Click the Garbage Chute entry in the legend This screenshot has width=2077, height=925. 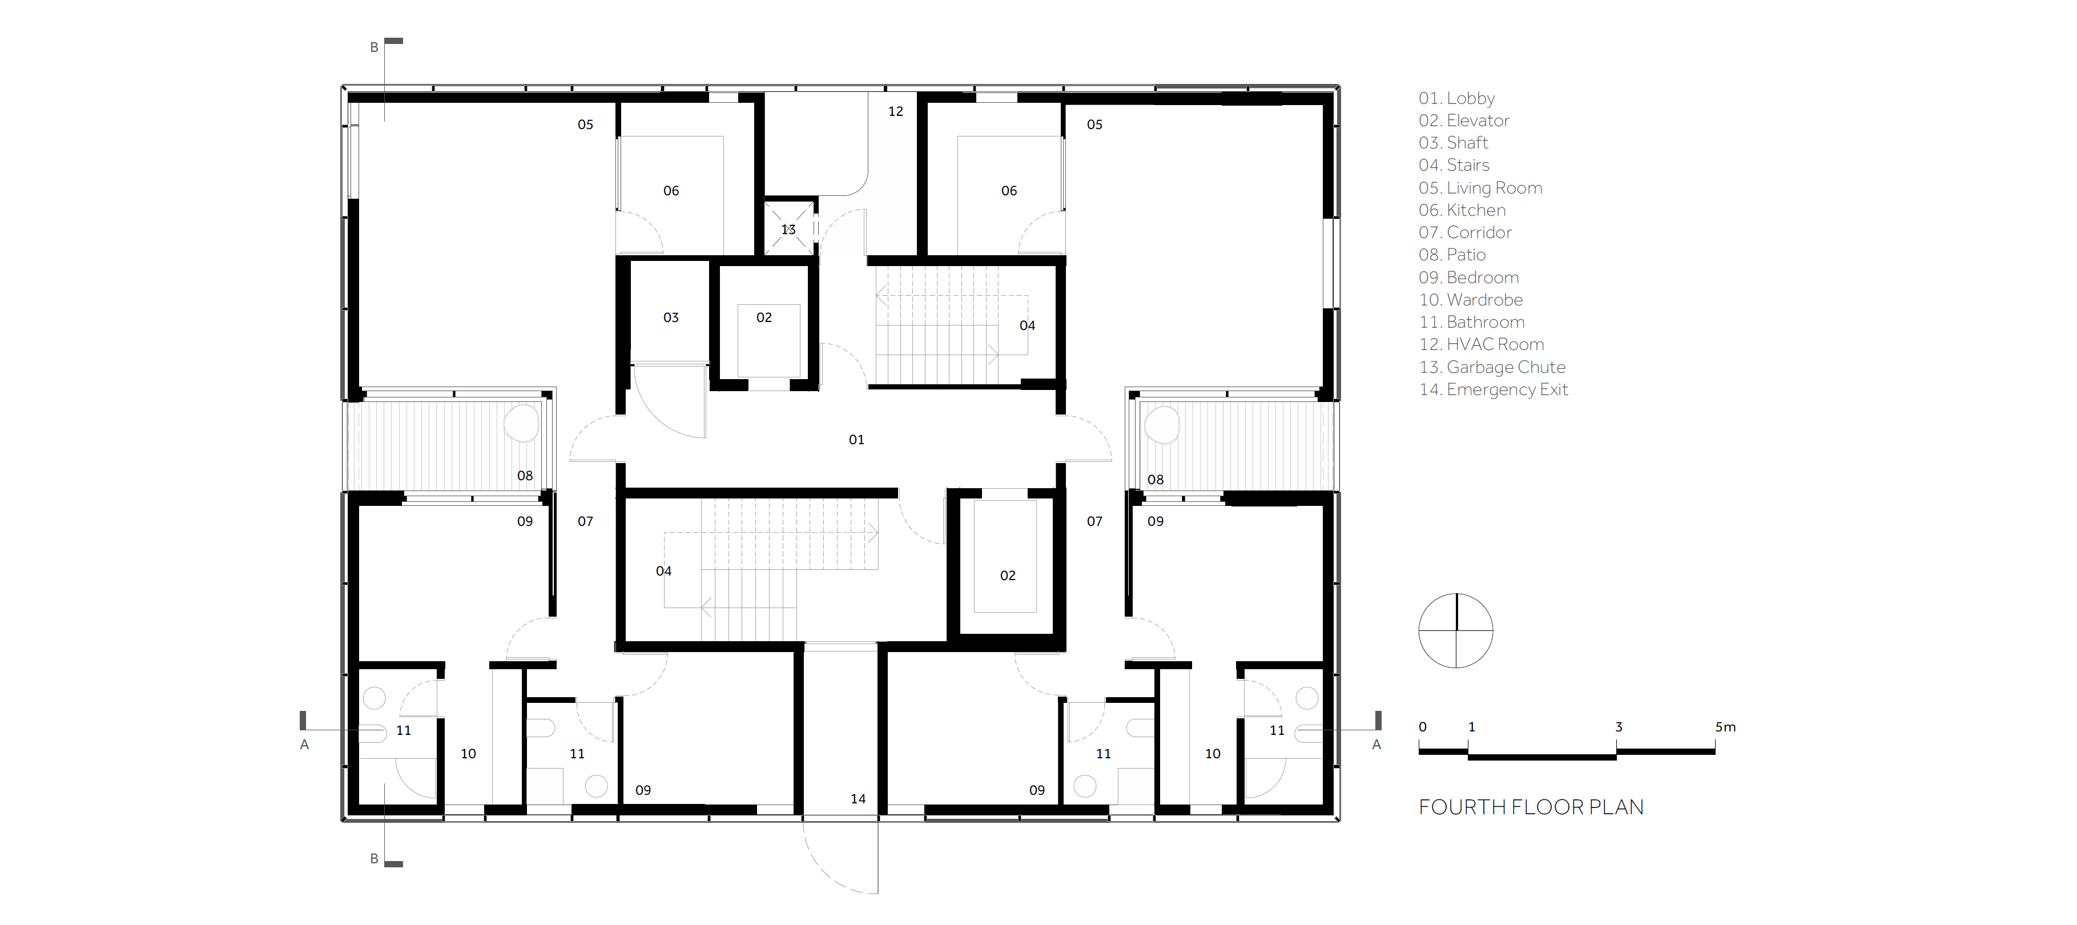[x=1492, y=368]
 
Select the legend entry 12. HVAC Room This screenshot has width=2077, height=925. [x=1481, y=344]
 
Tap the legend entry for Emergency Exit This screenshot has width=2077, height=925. [x=1494, y=389]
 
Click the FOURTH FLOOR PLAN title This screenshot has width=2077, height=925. [x=1530, y=807]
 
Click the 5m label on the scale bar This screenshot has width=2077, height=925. [x=1725, y=727]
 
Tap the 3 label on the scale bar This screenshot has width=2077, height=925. [x=1618, y=727]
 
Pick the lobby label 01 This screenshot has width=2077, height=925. [x=856, y=440]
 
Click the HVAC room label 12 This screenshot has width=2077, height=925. [x=896, y=111]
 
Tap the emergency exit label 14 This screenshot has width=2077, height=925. [x=858, y=798]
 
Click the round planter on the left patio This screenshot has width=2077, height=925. [x=522, y=423]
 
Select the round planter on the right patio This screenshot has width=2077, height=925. [x=1162, y=424]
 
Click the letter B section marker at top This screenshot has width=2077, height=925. [x=374, y=47]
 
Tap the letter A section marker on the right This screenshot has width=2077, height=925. [x=1376, y=745]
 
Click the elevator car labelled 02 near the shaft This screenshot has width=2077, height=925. [x=769, y=341]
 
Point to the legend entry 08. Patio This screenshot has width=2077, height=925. [x=1452, y=255]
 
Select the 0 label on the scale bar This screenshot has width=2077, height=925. [x=1422, y=727]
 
